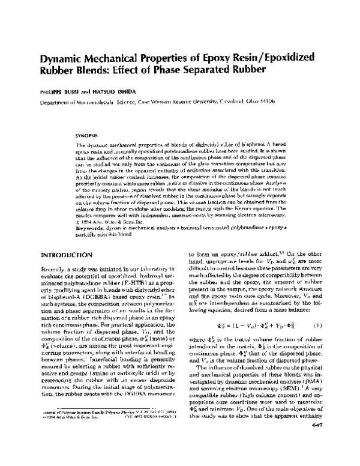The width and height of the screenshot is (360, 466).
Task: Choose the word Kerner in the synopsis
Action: pos(254,208)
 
